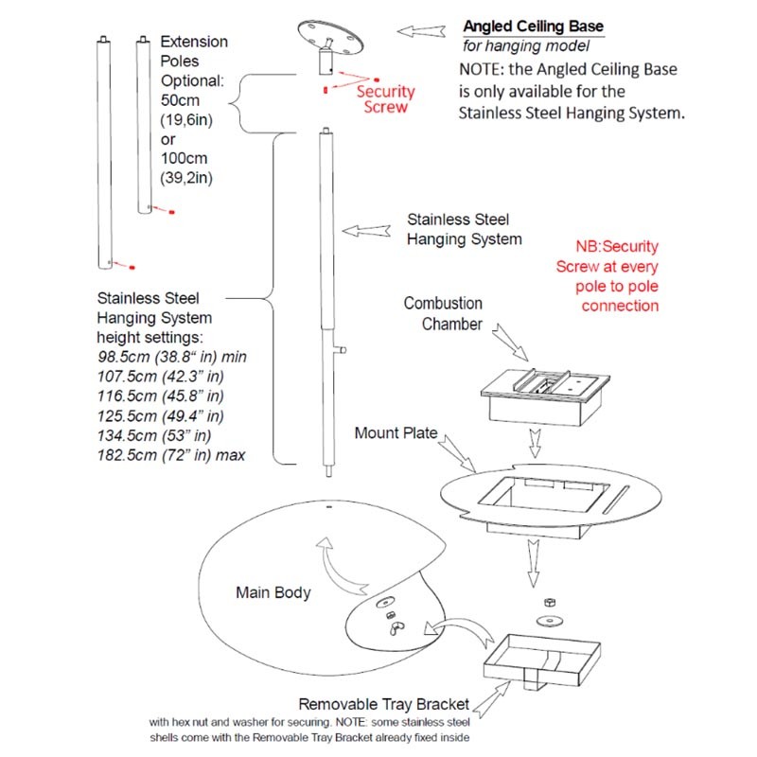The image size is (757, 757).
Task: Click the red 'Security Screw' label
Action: point(385,99)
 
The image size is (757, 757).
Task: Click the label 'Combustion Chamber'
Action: point(443,314)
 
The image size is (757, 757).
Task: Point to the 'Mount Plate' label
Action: point(396,433)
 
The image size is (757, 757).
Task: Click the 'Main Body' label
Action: point(273,593)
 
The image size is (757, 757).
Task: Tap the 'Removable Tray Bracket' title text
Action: point(383,704)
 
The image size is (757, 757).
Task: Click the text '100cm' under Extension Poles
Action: point(185,157)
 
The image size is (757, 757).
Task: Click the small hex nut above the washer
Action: point(547,602)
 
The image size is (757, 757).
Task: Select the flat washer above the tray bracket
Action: point(546,620)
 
